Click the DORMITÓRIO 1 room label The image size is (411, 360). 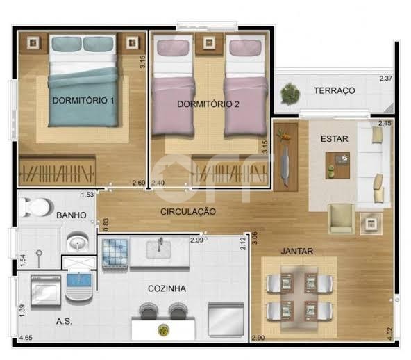tap(83, 101)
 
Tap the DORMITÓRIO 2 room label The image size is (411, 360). tap(208, 104)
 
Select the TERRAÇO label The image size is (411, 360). tap(335, 90)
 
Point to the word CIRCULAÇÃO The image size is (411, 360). tap(188, 211)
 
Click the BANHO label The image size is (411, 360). tap(72, 215)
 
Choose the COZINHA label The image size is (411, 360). tap(167, 288)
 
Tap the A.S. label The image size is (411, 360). tap(64, 321)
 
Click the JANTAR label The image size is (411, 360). tap(297, 252)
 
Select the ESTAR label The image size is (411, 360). tap(335, 139)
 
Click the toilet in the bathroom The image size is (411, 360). tap(36, 207)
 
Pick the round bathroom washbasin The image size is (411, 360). tap(78, 242)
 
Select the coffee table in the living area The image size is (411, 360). tap(337, 165)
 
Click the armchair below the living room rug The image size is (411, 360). tap(342, 219)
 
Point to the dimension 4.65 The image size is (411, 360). tap(26, 338)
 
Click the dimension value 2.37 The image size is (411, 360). tap(385, 79)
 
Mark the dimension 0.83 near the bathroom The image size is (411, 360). tap(106, 224)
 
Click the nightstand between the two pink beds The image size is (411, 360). tap(209, 42)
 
